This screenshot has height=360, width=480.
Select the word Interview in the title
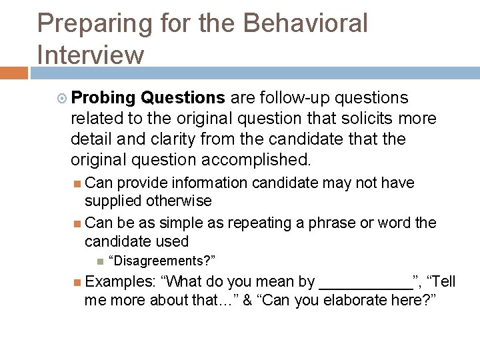(x=91, y=55)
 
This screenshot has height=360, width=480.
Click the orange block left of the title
(x=13, y=73)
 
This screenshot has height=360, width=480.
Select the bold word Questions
(x=183, y=98)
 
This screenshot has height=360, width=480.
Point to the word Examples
(x=119, y=281)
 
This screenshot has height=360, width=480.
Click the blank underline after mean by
(x=366, y=285)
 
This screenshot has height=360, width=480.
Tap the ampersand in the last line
(x=248, y=300)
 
